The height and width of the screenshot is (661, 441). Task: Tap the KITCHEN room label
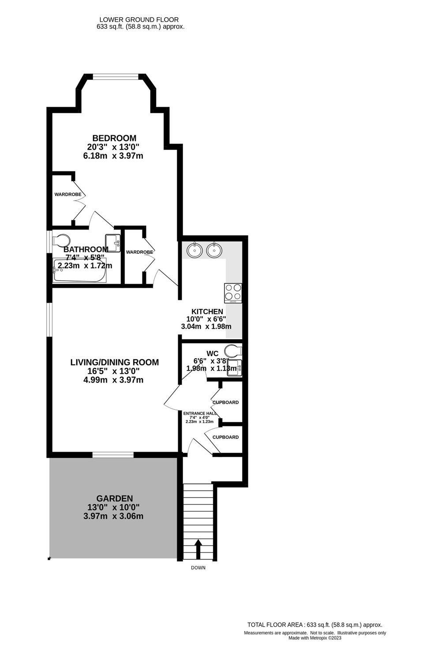coord(204,312)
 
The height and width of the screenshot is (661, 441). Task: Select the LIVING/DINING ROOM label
coord(114,362)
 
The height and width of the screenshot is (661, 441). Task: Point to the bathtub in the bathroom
coord(79,271)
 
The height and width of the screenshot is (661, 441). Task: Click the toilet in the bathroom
coord(60,241)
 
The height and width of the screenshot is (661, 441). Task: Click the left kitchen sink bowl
coord(194,251)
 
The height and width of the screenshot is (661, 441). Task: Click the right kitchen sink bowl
coord(214,251)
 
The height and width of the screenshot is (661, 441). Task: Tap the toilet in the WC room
coord(233,352)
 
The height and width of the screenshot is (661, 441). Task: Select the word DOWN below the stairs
coord(198,568)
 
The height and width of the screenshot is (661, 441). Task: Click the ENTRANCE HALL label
coord(200,413)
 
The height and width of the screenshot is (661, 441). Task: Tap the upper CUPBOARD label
coord(225,402)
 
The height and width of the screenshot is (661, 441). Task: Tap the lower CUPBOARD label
coord(225,437)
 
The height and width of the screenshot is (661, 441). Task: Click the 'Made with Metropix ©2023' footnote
coord(315,638)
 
